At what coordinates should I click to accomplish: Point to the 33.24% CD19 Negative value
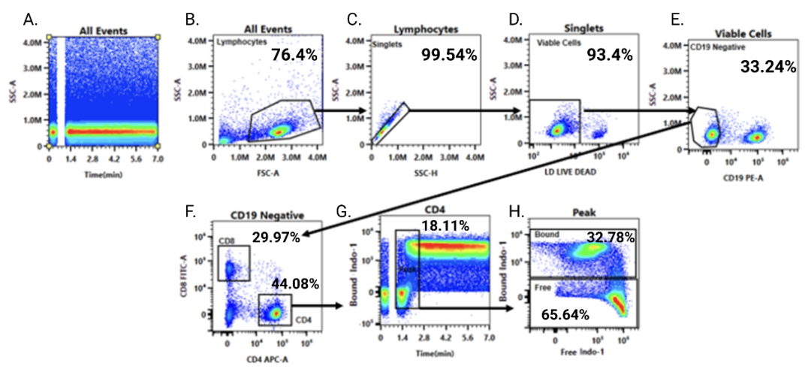coord(768,67)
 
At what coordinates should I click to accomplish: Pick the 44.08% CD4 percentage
coord(295,283)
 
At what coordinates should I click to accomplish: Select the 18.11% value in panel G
coord(445,225)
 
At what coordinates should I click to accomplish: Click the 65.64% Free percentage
coord(566,315)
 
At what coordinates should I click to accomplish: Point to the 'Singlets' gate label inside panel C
coord(387,44)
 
